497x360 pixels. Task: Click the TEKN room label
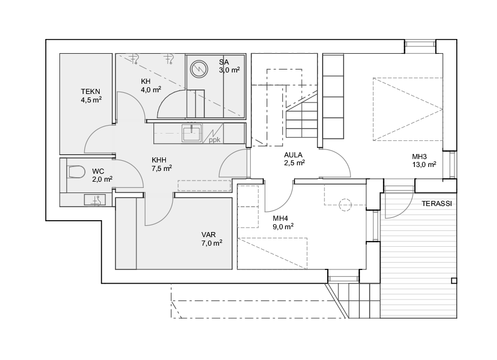[91, 92]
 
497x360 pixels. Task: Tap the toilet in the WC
[76, 172]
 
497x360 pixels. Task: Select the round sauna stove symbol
[199, 70]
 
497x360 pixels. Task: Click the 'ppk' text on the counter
[215, 139]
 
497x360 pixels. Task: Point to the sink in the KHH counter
[192, 133]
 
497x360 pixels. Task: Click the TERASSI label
[437, 204]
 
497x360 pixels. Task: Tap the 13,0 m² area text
[424, 165]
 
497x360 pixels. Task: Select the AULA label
[293, 155]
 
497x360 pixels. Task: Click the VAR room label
[208, 235]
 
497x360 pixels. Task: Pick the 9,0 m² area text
[282, 226]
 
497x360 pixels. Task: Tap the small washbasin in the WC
[95, 200]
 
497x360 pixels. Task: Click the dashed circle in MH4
[345, 205]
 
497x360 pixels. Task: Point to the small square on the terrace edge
[454, 280]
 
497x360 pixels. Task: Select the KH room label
[146, 82]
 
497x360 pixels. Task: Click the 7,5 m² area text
[162, 168]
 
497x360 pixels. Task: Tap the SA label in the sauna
[224, 62]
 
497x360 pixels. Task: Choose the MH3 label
[419, 157]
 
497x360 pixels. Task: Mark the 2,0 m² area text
[102, 179]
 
